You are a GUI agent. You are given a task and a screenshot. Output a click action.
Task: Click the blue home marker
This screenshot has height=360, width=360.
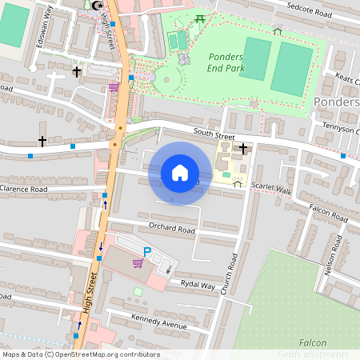pyautogui.click(x=180, y=173)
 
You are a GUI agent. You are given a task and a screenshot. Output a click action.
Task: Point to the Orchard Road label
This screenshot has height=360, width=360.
pyautogui.click(x=172, y=229)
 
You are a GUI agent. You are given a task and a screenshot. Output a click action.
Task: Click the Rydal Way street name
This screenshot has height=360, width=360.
pyautogui.click(x=198, y=285)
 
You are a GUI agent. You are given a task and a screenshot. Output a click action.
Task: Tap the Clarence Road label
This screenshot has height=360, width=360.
pyautogui.click(x=24, y=190)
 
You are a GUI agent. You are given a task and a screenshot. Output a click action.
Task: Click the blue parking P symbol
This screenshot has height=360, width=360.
pyautogui.click(x=146, y=252)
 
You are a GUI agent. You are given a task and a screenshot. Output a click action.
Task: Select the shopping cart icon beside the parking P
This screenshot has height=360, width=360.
pyautogui.click(x=138, y=262)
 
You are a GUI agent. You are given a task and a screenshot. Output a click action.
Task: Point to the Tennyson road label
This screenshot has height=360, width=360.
pyautogui.click(x=340, y=131)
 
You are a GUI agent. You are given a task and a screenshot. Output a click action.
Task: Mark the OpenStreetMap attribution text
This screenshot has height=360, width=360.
pyautogui.click(x=80, y=354)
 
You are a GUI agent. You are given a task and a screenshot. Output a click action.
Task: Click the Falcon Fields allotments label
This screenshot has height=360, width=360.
pyautogui.click(x=312, y=348)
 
